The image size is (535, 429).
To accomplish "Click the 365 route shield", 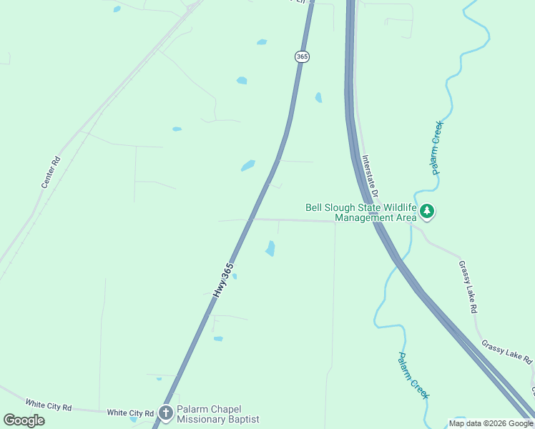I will (x=302, y=56).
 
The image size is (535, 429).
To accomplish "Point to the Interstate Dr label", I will (x=370, y=178).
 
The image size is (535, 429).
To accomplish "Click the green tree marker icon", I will (x=427, y=211).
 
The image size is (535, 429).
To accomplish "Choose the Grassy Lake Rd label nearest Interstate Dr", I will (x=468, y=287).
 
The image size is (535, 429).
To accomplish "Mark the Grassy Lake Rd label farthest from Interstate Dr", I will (x=508, y=351).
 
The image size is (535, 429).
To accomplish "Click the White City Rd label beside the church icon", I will (x=130, y=413).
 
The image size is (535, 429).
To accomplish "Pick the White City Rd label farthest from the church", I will (x=49, y=405).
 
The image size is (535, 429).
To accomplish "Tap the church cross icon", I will (x=166, y=413).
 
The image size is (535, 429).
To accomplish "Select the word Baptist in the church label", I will (x=242, y=420).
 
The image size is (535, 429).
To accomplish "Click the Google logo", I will (x=24, y=420).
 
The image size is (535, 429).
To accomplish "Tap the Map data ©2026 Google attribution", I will (x=491, y=423).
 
